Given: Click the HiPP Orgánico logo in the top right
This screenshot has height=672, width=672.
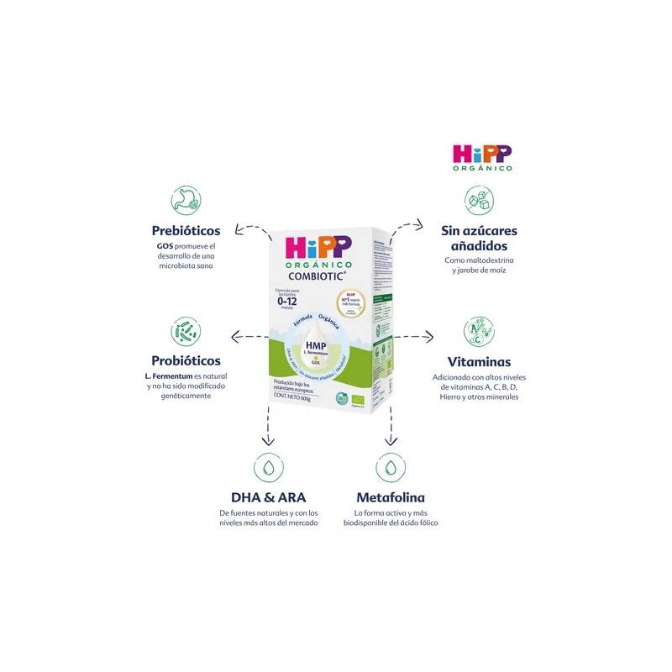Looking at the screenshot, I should (x=481, y=158).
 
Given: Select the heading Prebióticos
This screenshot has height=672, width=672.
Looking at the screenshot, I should (x=186, y=229).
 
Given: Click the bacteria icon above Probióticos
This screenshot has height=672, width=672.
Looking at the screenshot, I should (x=186, y=333).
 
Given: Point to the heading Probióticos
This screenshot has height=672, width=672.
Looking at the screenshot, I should (x=186, y=360).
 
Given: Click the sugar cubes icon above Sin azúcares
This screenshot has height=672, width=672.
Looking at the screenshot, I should (x=479, y=200).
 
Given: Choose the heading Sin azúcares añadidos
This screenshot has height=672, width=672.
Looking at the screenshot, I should (x=479, y=238).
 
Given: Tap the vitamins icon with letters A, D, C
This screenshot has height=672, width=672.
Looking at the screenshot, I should (x=479, y=333).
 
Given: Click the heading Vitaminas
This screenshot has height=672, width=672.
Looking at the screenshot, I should (x=479, y=361).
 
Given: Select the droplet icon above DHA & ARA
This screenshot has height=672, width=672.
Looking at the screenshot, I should (x=268, y=467).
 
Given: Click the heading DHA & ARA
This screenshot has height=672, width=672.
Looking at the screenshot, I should (x=268, y=497).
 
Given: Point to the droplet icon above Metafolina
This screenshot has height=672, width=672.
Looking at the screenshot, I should (x=391, y=467).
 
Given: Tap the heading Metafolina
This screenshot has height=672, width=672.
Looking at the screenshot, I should (x=391, y=497).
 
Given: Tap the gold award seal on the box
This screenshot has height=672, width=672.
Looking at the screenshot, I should (x=352, y=303).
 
